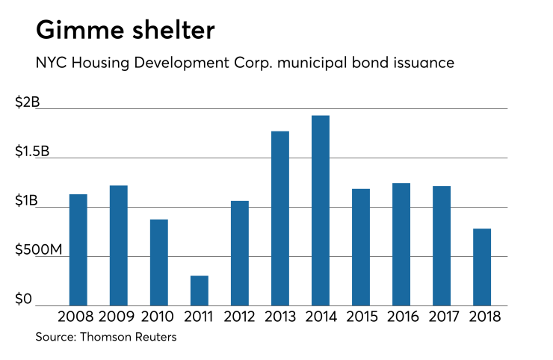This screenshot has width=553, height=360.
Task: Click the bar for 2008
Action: coord(78,249)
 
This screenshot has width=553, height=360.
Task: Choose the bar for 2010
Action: coord(158,262)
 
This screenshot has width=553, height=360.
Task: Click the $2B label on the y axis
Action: coord(28,103)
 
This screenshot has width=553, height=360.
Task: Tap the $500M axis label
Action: coord(40,250)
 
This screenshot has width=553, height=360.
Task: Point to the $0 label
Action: coord(24,300)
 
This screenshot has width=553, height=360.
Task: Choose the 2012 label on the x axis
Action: coord(239,316)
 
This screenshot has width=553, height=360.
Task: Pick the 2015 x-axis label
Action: coord(360,316)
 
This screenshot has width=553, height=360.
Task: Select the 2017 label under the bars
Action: coord(441,316)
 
